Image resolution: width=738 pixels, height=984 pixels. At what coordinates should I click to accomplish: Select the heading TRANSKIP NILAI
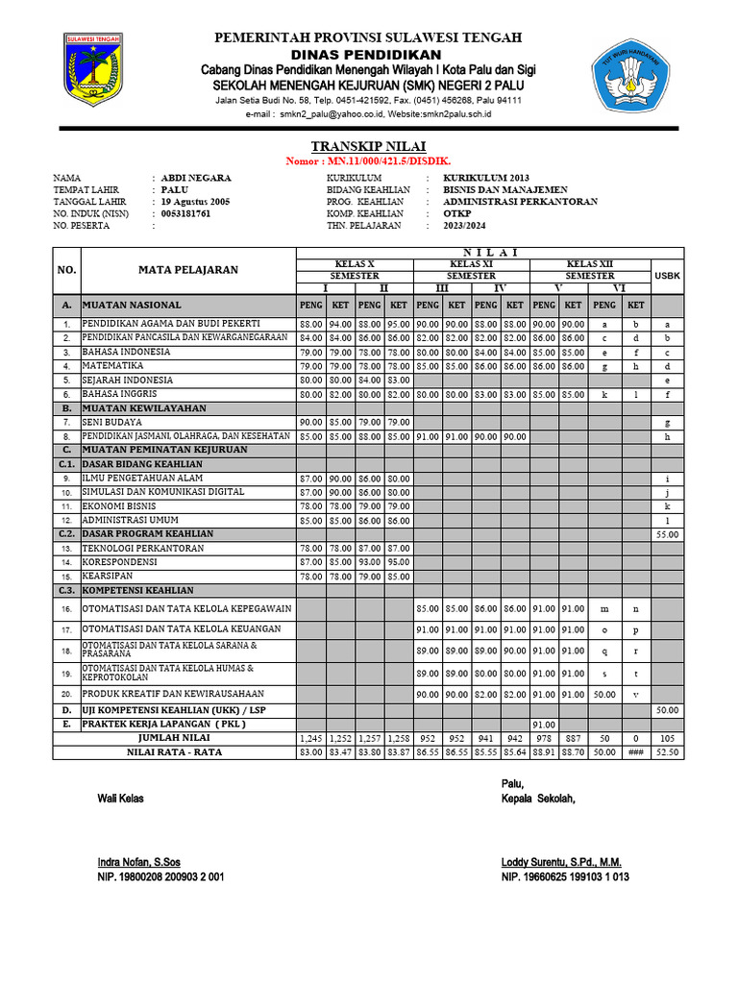pos(368,145)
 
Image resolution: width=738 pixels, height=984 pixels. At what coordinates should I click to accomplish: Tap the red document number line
pos(368,160)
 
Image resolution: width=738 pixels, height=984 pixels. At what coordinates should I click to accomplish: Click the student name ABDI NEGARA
pos(196,178)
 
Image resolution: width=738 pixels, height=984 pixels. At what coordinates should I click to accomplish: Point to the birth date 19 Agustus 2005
pos(196,202)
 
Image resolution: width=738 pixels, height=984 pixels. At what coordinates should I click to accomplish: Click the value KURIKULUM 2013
pos(485,178)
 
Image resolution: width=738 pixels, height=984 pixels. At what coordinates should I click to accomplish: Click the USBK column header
pos(666,275)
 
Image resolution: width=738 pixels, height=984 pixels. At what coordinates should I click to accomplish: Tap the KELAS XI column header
pos(472,263)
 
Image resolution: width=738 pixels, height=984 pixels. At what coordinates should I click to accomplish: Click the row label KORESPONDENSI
pos(120,561)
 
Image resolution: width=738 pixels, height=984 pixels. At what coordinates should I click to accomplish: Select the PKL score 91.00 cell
pos(544,725)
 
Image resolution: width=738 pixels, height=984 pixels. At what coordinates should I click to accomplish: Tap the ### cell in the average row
pos(635,751)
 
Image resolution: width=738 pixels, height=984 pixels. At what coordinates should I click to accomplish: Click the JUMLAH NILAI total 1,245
pos(310,738)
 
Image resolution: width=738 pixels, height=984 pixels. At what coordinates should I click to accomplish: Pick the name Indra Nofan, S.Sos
pos(138,861)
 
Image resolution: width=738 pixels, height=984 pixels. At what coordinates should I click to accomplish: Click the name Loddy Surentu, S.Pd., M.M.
pos(561,861)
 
